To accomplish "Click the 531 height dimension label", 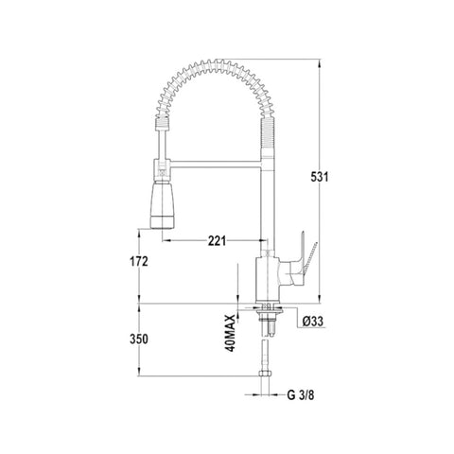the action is point(320,177).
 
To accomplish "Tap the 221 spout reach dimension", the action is point(217,241).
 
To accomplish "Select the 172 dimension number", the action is point(139,261).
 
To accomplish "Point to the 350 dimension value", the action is point(139,340).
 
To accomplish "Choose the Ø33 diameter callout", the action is point(313,322).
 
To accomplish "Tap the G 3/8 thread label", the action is point(301,394).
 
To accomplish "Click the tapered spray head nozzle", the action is point(162,205).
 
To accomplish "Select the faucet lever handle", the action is point(295,265).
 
